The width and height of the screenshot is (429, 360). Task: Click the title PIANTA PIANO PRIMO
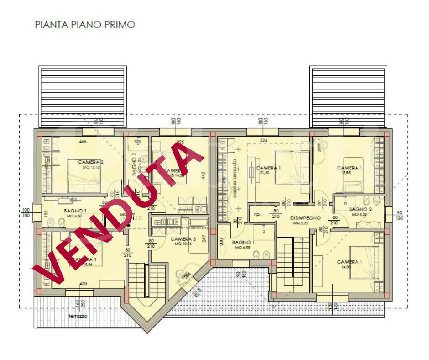pyautogui.click(x=85, y=25)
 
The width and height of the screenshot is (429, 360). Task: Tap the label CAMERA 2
pyautogui.click(x=91, y=162)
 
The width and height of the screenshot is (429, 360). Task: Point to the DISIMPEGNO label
pyautogui.click(x=306, y=218)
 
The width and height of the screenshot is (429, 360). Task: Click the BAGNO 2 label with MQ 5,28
pyautogui.click(x=361, y=209)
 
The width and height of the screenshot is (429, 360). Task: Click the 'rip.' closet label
pyautogui.click(x=257, y=213)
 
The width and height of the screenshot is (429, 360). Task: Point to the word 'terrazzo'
pyautogui.click(x=78, y=316)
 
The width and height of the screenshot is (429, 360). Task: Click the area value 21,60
pyautogui.click(x=265, y=173)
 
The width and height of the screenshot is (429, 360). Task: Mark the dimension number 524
pyautogui.click(x=263, y=140)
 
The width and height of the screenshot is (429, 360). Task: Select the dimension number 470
pyautogui.click(x=83, y=284)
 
